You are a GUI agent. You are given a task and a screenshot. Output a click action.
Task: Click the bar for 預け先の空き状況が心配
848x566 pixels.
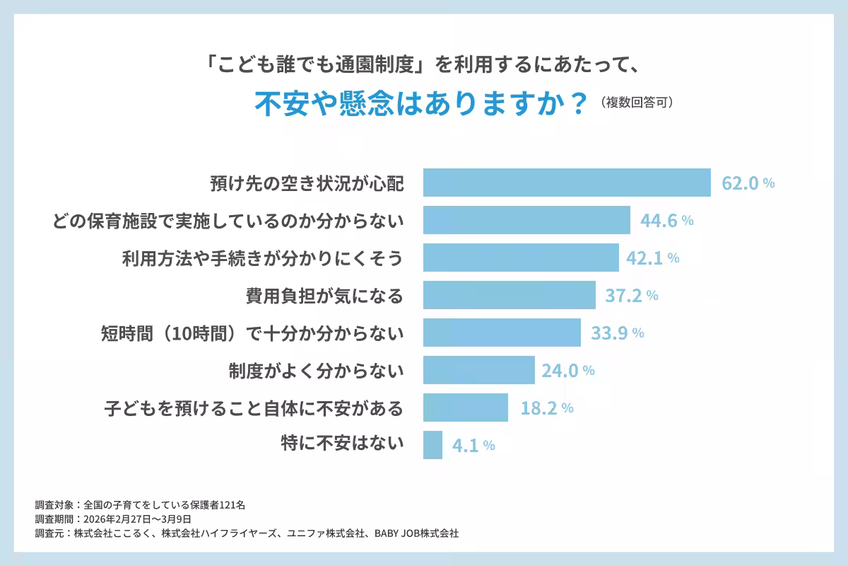567,183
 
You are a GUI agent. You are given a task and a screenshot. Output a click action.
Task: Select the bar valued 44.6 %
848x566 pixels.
526,220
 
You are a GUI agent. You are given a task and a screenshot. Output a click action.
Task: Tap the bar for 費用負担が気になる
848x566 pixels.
509,295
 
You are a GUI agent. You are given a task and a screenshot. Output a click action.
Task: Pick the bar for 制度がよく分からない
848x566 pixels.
478,370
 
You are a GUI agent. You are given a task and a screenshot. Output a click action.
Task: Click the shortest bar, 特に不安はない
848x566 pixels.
432,445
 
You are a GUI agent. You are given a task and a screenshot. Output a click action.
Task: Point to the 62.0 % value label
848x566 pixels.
748,183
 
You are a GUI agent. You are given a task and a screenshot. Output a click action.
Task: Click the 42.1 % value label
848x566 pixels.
652,258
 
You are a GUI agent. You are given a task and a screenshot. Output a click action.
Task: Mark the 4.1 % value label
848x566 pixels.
473,446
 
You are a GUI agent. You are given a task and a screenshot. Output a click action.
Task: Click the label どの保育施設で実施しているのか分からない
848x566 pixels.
228,221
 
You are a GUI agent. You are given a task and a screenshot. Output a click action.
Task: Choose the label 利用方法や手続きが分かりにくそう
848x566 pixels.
263,258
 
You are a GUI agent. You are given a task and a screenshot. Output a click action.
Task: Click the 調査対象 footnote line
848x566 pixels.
140,505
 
